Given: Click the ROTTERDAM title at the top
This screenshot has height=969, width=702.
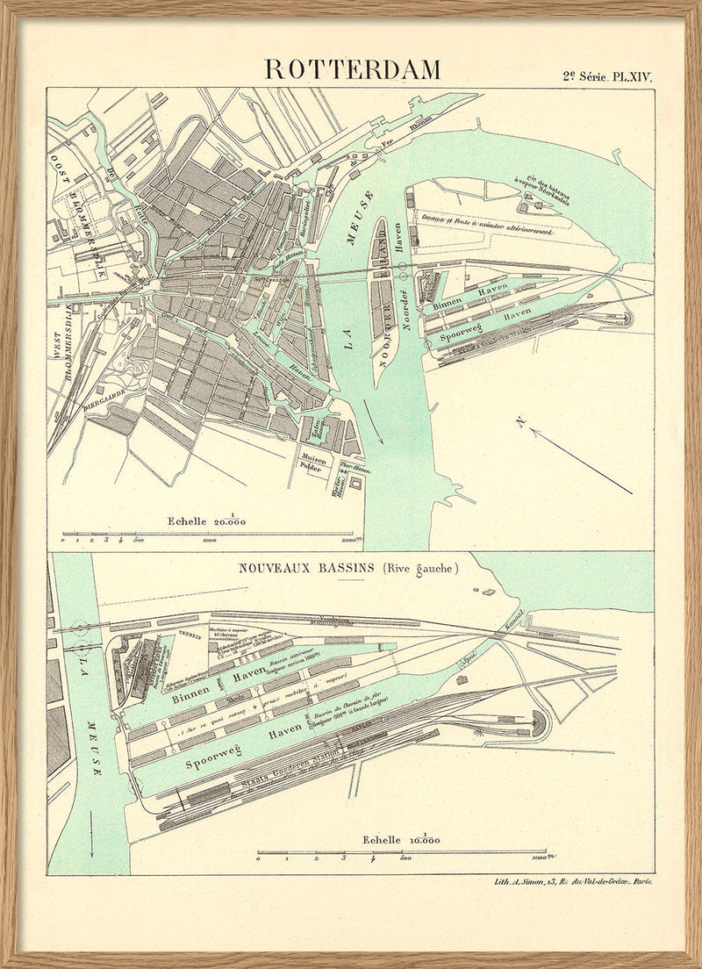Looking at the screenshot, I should [x=353, y=69].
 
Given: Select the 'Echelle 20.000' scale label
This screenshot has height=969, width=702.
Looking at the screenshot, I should [x=207, y=520].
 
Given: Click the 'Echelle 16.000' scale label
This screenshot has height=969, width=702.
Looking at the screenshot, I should [x=399, y=839].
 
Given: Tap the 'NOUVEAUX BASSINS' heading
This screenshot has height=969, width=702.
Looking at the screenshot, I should [x=307, y=569].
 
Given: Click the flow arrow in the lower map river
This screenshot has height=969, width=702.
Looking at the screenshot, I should [x=90, y=843].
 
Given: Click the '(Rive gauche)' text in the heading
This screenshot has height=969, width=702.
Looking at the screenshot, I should [x=420, y=569].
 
